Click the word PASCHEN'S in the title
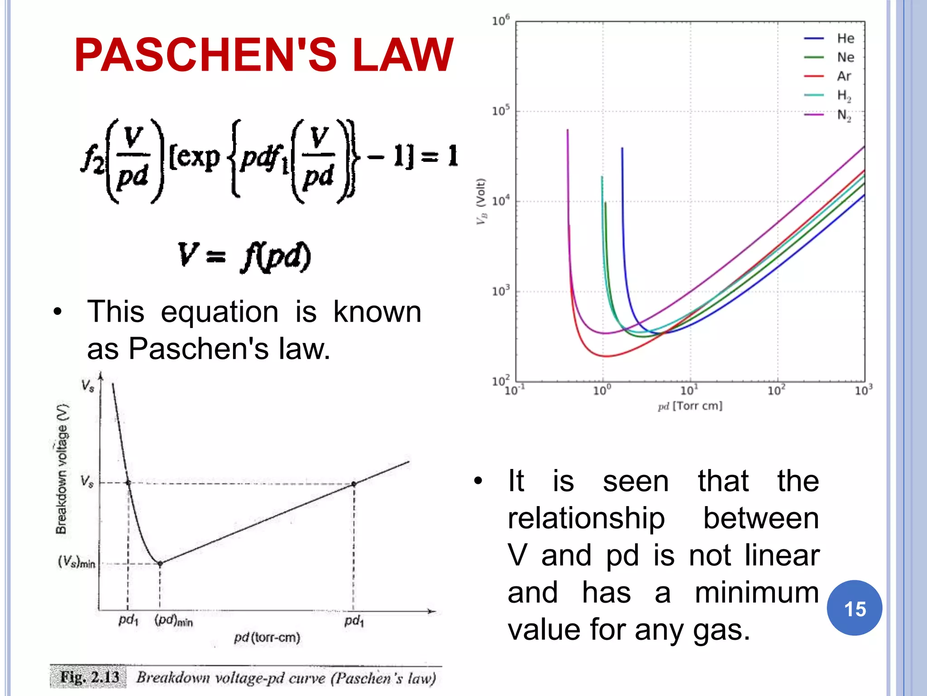pos(206,55)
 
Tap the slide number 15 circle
pos(854,608)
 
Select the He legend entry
pos(845,39)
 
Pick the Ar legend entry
pos(844,76)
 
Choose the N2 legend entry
pos(844,115)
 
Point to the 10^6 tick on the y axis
pos(501,21)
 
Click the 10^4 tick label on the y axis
pos(501,201)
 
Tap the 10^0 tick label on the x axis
pos(602,390)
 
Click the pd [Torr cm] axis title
pos(690,406)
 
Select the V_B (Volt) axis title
pos(481,201)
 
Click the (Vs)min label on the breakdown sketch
pos(76,562)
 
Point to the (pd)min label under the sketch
pos(173,620)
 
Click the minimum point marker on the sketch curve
pos(160,564)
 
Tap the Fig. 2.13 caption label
pos(90,677)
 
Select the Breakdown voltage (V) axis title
pos(62,469)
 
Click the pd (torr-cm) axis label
pos(267,638)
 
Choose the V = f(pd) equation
pos(244,256)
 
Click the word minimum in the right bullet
pos(756,593)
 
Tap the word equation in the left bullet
pos(220,312)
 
